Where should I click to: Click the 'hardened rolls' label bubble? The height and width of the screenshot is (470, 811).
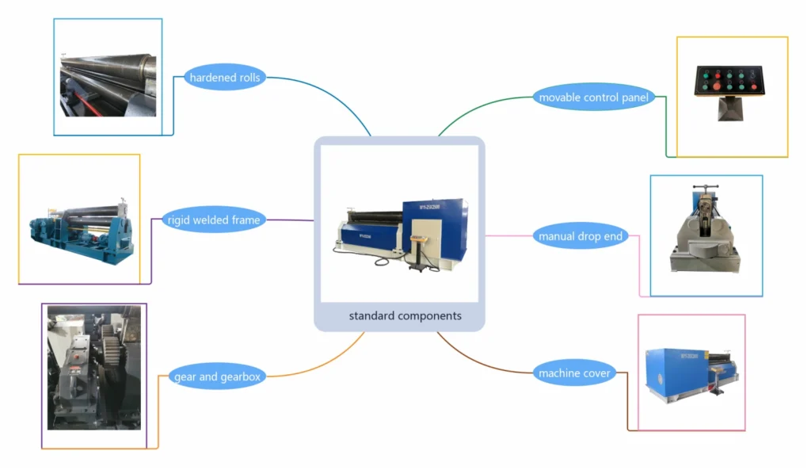point(224,78)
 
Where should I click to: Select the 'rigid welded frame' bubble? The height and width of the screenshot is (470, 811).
point(213,220)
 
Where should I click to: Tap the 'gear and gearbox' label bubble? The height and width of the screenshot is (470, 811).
point(217,376)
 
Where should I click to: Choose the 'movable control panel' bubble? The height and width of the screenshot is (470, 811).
point(593,97)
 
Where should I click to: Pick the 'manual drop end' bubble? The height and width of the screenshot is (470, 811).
point(581,236)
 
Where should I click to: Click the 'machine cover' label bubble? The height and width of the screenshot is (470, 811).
point(574,373)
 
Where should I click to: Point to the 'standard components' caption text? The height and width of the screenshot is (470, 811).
point(405,315)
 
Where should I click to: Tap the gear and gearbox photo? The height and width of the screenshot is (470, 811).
point(93,367)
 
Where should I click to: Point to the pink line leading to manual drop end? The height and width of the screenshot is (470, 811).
point(507,235)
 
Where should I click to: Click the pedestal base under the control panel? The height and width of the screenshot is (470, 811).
point(731,111)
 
